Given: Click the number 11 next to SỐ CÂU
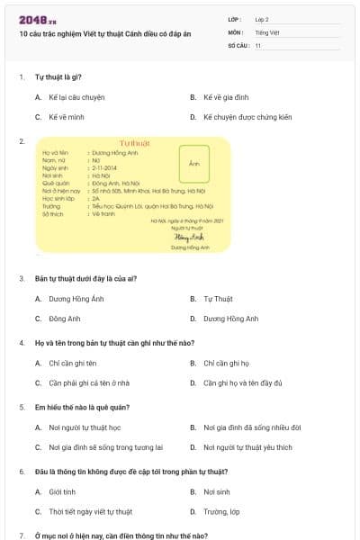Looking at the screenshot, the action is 258,45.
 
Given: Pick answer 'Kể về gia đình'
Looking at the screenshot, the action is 226,95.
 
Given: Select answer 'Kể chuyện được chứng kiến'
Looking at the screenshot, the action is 247,117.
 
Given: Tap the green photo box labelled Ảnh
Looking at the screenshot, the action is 193,163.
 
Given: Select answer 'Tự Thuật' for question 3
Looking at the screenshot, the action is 219,299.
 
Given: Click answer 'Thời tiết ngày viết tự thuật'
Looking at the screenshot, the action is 90,512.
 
